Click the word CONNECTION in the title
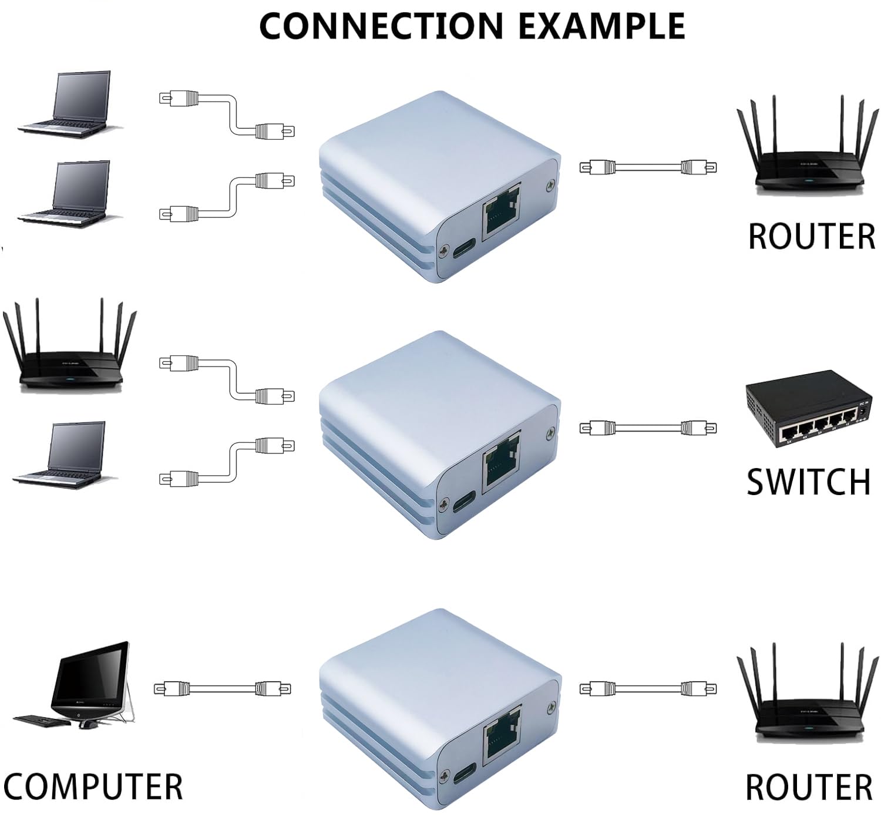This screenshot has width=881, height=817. click(381, 26)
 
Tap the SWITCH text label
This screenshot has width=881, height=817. click(808, 482)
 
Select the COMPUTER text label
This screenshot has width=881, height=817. click(93, 786)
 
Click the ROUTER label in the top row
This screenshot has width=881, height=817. click(811, 236)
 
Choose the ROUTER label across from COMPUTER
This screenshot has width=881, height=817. click(809, 788)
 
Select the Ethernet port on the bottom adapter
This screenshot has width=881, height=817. click(501, 737)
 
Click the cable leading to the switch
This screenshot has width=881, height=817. click(648, 428)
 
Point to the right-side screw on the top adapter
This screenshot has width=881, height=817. click(550, 185)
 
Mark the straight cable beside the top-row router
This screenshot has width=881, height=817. click(648, 167)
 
